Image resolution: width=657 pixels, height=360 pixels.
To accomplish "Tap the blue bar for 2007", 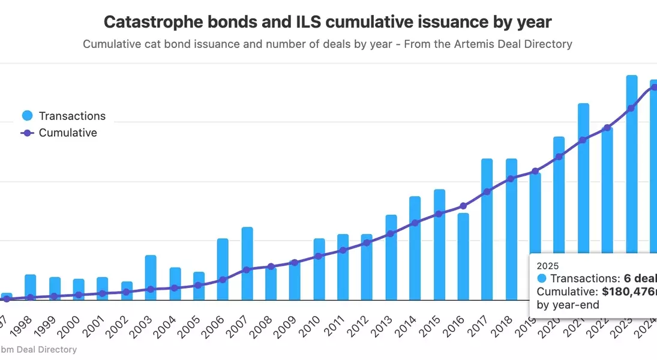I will click(x=247, y=264).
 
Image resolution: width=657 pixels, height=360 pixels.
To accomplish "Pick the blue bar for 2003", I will click(x=151, y=278).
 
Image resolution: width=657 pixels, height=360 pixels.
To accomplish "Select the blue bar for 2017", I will click(x=487, y=229).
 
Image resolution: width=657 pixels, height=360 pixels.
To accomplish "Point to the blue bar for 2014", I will click(x=415, y=248).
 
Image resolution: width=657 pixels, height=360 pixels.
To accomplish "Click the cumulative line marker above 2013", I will click(x=390, y=233).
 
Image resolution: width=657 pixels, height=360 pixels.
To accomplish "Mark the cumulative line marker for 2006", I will click(x=223, y=280).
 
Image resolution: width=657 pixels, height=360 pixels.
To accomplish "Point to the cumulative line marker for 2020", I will click(x=559, y=157).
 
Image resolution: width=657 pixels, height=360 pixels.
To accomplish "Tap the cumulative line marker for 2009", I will click(x=295, y=263).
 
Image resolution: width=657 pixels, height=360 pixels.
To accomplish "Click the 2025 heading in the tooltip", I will click(x=547, y=265).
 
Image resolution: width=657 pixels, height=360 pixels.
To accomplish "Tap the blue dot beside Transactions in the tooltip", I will click(x=542, y=278).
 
